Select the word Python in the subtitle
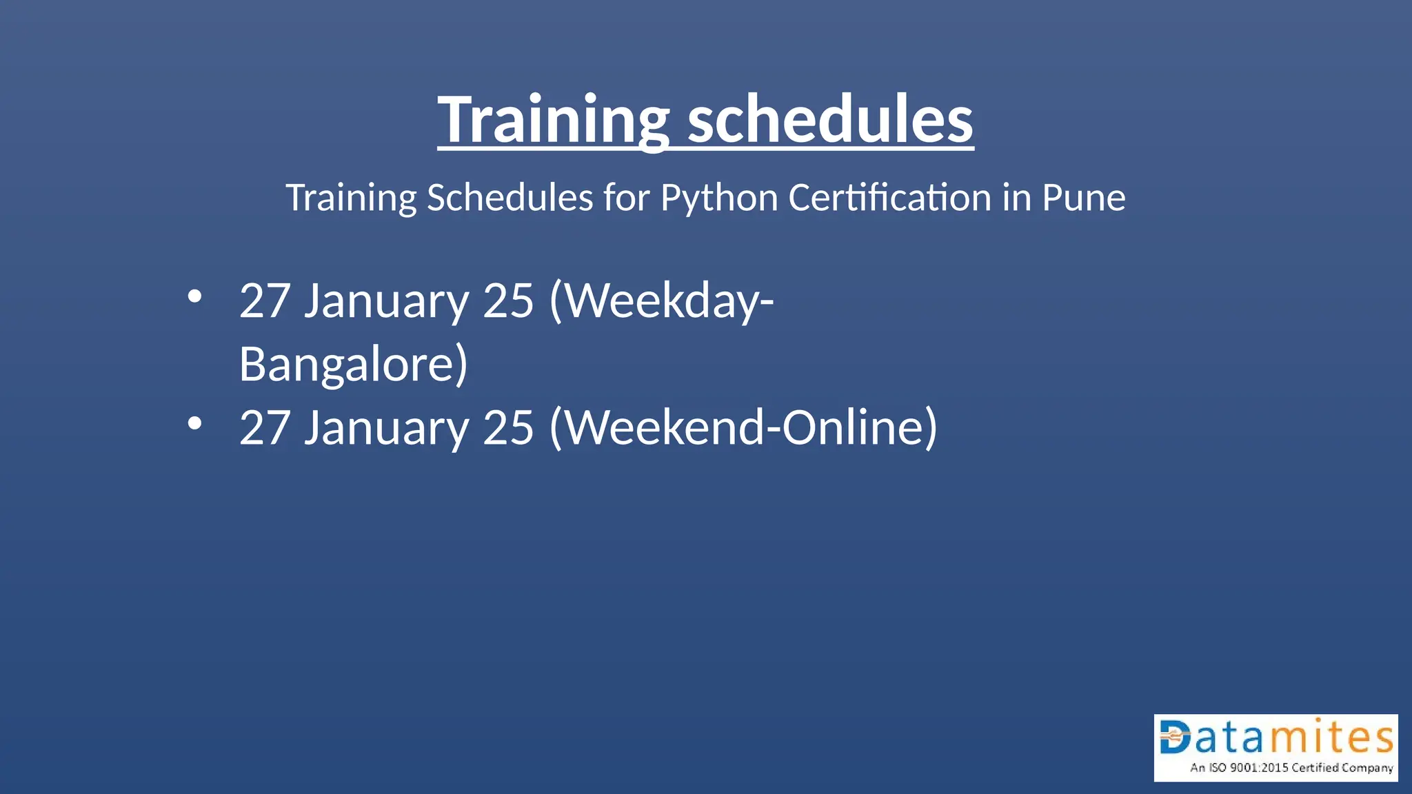(x=719, y=198)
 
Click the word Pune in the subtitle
(x=1083, y=198)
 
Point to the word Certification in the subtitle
(x=889, y=198)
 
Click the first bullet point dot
(x=195, y=297)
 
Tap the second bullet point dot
(x=195, y=423)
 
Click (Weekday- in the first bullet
(x=661, y=301)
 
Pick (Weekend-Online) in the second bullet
(x=743, y=427)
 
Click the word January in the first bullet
(x=386, y=301)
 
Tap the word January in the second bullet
(x=386, y=427)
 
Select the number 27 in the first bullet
(x=265, y=301)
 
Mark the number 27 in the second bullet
(x=265, y=427)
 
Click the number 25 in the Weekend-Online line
(x=508, y=427)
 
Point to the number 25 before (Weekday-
(x=508, y=301)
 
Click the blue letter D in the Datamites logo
(x=1176, y=737)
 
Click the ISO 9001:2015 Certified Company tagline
(x=1291, y=768)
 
